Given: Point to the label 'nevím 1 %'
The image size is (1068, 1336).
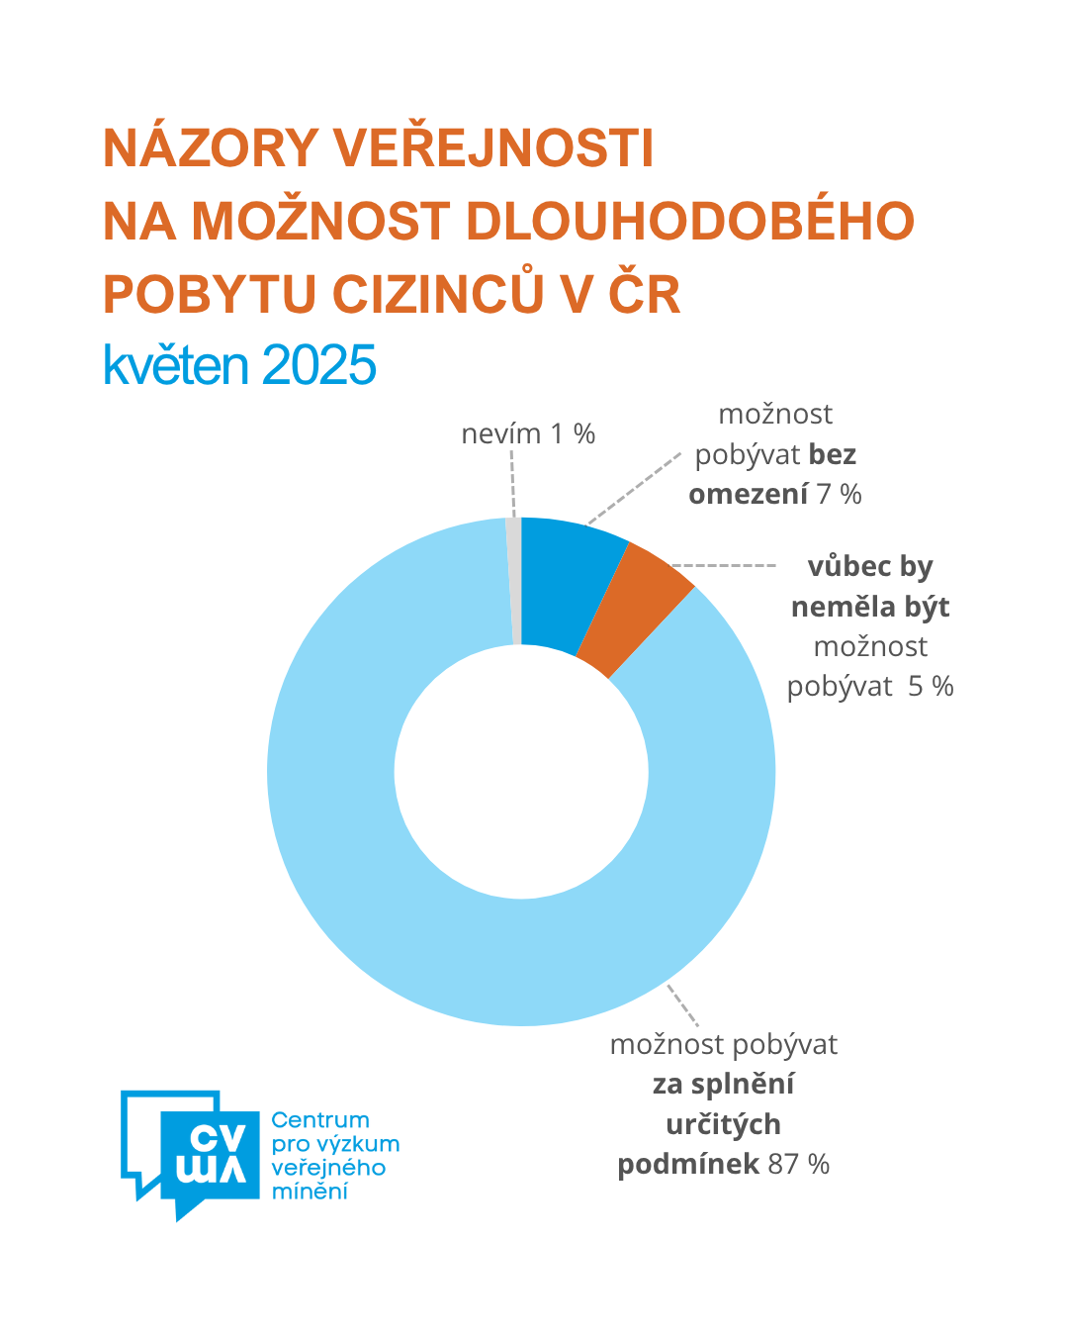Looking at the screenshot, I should click(x=528, y=433).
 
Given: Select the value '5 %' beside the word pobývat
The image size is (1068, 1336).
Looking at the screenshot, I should click(x=931, y=687).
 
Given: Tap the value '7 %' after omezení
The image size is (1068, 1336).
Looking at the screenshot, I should click(x=839, y=494).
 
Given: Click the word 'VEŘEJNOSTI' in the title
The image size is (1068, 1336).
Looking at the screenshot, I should click(x=492, y=148).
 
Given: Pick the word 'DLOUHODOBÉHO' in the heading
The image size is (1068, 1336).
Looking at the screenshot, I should click(x=689, y=221).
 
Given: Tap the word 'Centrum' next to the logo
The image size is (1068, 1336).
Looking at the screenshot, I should click(x=320, y=1120).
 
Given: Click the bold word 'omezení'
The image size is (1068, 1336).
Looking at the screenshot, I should click(x=748, y=494).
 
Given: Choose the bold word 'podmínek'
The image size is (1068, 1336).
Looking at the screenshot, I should click(x=688, y=1164).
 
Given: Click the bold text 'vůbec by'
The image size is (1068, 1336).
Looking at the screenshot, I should click(x=870, y=566).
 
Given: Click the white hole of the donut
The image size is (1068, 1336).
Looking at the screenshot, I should click(x=521, y=772).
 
